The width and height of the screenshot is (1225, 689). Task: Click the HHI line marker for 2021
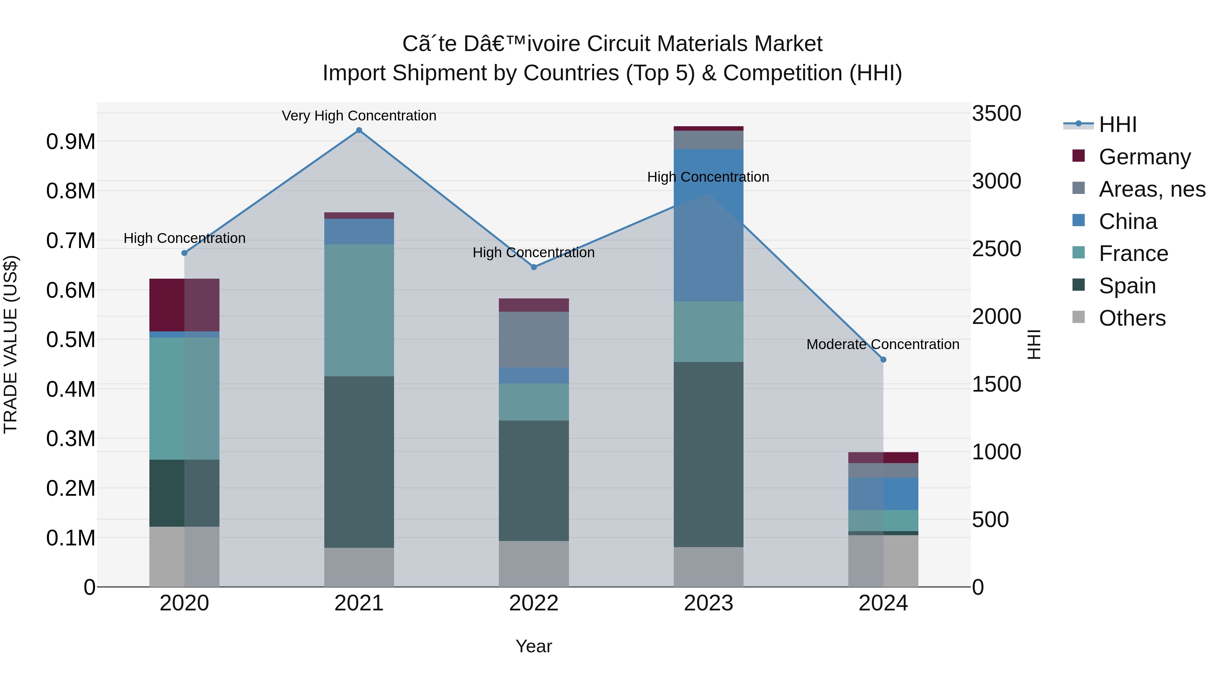tap(359, 130)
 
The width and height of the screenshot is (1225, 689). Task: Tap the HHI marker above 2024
tap(883, 360)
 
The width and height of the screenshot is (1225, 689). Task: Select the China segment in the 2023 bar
tap(708, 225)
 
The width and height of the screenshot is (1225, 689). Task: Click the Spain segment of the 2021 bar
tap(359, 462)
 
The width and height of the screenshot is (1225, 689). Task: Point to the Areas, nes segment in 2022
tap(534, 340)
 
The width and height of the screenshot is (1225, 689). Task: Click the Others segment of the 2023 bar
tap(708, 567)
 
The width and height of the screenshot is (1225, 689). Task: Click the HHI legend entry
tap(1117, 125)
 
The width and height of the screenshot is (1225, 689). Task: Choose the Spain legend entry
tap(1127, 286)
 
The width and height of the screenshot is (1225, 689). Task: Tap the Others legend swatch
tap(1079, 317)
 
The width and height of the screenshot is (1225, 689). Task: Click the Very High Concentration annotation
tap(359, 116)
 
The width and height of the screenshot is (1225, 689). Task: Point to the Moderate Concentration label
tap(883, 344)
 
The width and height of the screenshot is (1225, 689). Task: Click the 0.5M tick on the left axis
tap(70, 340)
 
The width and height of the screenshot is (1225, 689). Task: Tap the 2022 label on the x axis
tap(534, 603)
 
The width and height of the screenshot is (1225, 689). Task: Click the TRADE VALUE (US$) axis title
tap(11, 344)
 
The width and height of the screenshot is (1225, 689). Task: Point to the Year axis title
tap(534, 646)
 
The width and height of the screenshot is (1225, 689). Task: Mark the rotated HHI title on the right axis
tap(1033, 344)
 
